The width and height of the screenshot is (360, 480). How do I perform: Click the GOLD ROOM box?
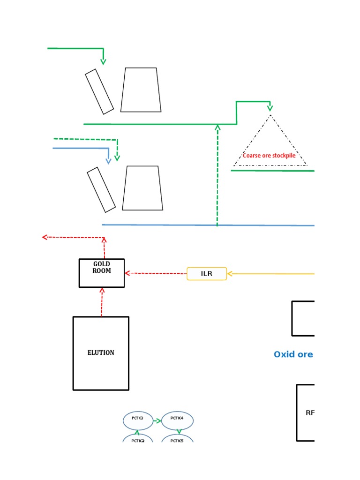[102, 273]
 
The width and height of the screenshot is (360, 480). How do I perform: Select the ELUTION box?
[101, 353]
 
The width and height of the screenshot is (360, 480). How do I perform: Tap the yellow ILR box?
[207, 274]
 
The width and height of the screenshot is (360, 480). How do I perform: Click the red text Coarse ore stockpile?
[269, 156]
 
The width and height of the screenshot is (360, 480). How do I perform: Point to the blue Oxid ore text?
[293, 354]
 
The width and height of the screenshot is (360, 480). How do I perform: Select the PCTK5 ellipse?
[177, 440]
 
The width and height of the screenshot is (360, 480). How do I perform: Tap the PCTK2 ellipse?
[138, 440]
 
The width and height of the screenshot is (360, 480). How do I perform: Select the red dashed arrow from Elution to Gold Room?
[102, 302]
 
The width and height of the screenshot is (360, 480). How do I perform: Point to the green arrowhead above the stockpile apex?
[270, 108]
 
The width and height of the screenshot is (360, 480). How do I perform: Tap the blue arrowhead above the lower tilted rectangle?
[109, 161]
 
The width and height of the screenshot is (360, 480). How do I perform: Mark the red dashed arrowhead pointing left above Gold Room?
[45, 237]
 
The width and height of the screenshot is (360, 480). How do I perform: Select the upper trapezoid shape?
[141, 90]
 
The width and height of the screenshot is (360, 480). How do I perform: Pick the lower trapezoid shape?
[142, 188]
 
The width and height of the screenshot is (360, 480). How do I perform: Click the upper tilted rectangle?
[99, 92]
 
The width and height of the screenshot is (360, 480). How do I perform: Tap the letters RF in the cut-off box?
[310, 413]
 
